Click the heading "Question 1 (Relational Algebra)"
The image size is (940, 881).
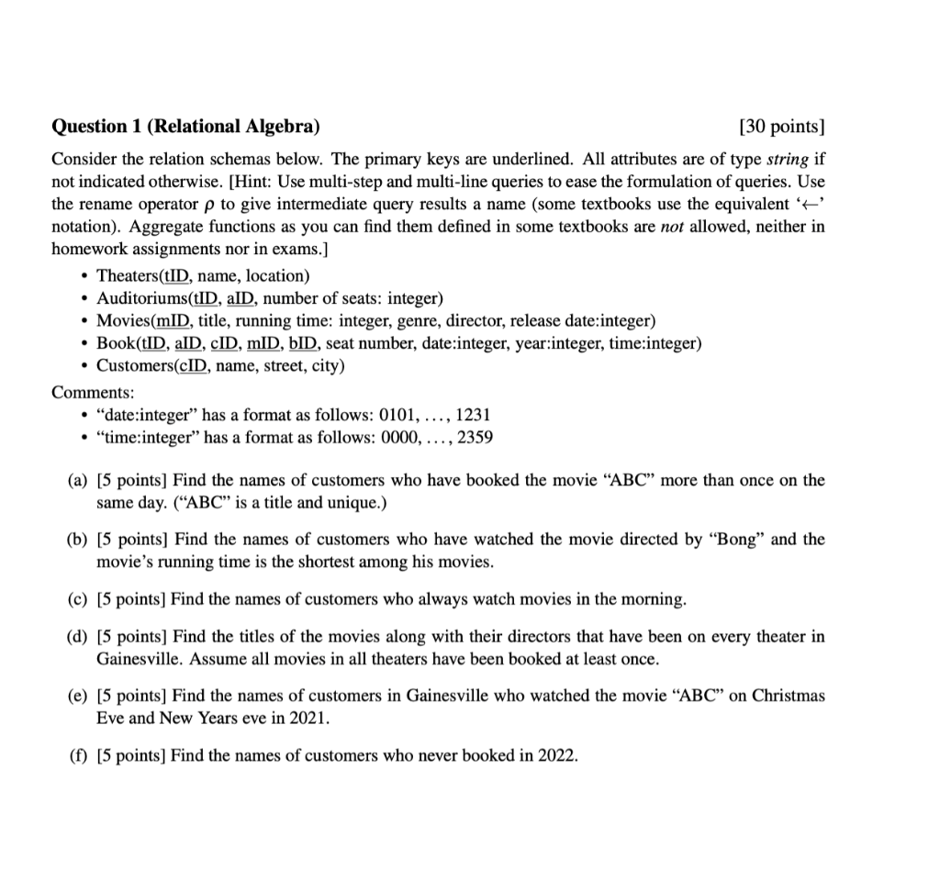tap(186, 126)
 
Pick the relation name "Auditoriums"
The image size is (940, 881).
tap(140, 298)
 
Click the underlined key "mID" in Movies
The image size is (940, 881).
tap(166, 321)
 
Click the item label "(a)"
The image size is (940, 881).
tap(79, 480)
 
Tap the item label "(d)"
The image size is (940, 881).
tap(79, 636)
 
